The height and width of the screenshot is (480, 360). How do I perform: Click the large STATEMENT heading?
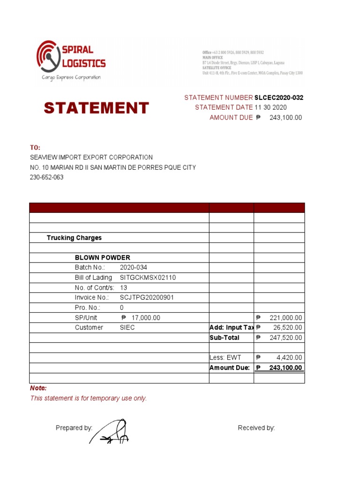(x=96, y=108)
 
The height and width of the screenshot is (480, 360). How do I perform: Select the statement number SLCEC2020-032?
(x=278, y=97)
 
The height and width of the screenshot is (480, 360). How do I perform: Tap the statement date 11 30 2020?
(x=270, y=107)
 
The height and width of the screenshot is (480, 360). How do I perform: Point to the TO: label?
(x=35, y=147)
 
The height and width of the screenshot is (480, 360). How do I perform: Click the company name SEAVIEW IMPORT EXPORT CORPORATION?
(x=91, y=157)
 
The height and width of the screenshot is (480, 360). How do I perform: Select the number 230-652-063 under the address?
(x=47, y=177)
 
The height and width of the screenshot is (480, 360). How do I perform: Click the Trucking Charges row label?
(x=74, y=238)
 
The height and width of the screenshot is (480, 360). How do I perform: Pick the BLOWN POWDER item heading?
(x=103, y=257)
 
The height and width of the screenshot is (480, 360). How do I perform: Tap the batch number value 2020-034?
(x=134, y=268)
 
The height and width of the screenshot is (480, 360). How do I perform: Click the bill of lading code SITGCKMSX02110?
(x=148, y=277)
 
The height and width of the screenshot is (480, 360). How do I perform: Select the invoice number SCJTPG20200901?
(x=150, y=298)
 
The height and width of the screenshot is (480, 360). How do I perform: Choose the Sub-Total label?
(x=225, y=337)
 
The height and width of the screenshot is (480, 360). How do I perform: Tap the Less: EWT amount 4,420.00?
(x=289, y=358)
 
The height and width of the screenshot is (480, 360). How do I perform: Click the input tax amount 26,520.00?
(x=287, y=328)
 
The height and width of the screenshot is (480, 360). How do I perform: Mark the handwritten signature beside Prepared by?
(x=111, y=432)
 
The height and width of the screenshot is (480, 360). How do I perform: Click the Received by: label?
(x=256, y=427)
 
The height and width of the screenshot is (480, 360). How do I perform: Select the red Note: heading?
(x=38, y=388)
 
